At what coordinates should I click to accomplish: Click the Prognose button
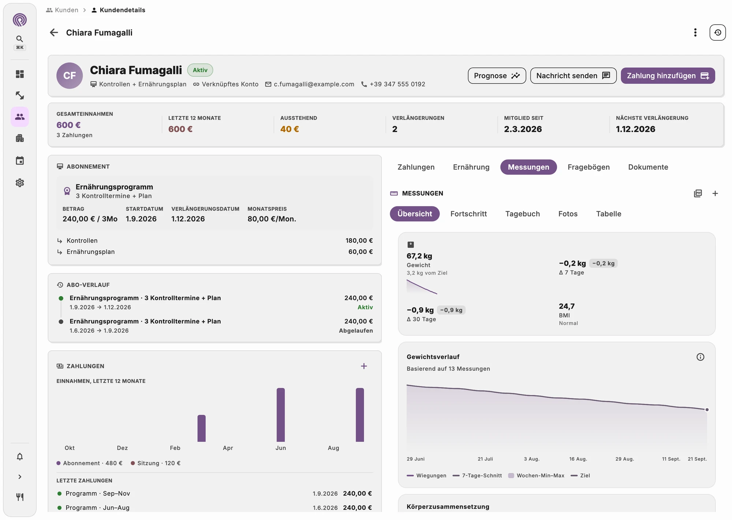[x=497, y=76]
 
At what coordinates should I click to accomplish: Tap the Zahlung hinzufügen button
[x=668, y=76]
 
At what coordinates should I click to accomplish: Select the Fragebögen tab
[x=589, y=167]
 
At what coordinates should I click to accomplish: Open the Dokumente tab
[x=648, y=167]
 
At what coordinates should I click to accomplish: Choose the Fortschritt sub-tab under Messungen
[x=468, y=214]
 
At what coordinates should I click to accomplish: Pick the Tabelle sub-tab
[x=608, y=214]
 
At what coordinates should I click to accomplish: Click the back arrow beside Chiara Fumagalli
[x=54, y=33]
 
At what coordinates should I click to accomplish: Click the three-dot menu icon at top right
[x=695, y=33]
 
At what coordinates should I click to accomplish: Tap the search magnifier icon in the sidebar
[x=20, y=39]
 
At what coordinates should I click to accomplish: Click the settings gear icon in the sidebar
[x=20, y=182]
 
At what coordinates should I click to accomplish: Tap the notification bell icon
[x=20, y=456]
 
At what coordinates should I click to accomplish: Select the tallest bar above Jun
[x=281, y=415]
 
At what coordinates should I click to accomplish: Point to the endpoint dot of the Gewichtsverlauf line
[x=707, y=410]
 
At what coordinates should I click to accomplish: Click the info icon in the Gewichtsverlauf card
[x=700, y=357]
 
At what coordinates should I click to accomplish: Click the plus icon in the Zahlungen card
[x=364, y=366]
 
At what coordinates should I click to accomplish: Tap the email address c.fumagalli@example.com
[x=314, y=84]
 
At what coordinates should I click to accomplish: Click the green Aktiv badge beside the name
[x=200, y=70]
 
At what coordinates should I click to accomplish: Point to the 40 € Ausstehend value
[x=290, y=129]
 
